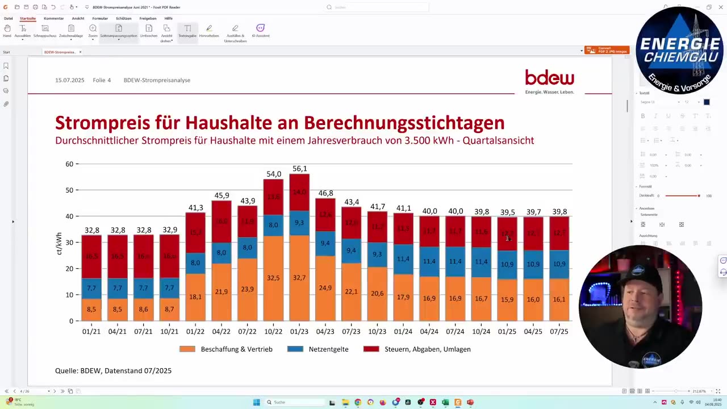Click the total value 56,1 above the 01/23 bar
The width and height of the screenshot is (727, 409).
(299, 169)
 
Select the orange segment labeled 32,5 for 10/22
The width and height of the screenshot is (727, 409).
(273, 278)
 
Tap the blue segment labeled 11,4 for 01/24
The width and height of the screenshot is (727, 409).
(403, 259)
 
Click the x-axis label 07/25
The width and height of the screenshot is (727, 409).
(559, 331)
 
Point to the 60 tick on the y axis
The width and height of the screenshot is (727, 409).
(69, 164)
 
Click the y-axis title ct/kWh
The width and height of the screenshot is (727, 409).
(59, 243)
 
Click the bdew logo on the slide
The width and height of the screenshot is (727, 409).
(549, 78)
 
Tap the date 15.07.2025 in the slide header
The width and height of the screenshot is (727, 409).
(69, 80)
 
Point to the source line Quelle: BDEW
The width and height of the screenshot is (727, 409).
(113, 370)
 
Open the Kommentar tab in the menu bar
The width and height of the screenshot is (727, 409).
(54, 18)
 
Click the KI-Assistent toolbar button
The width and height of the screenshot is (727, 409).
(260, 31)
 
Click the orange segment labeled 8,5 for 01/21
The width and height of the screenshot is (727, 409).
(91, 310)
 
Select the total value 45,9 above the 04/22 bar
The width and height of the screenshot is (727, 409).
(222, 195)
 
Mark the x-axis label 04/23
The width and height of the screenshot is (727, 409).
(325, 331)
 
